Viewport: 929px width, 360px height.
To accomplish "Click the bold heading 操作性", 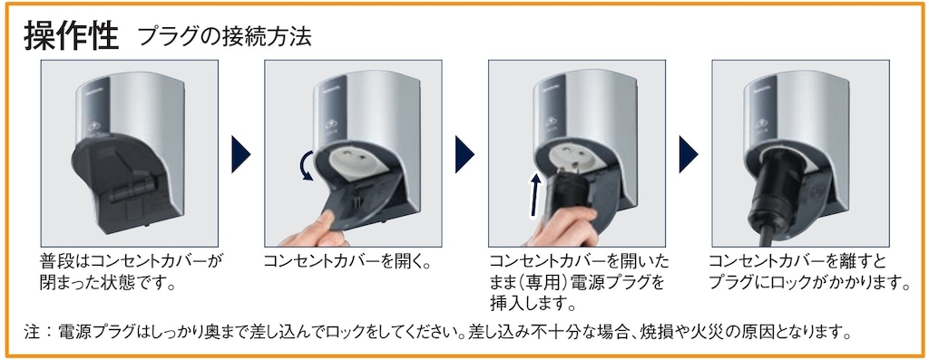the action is pos(72,36).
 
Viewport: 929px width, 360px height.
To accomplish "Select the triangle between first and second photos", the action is pos(241,154).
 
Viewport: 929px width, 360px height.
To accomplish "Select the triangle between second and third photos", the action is pos(464,154).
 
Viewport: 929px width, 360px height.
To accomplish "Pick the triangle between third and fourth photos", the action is pos(689,154).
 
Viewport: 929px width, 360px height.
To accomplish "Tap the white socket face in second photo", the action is pos(353,161).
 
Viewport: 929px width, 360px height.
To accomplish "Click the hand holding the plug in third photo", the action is pos(562,228).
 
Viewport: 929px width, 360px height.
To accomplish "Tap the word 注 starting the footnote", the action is pos(32,332).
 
